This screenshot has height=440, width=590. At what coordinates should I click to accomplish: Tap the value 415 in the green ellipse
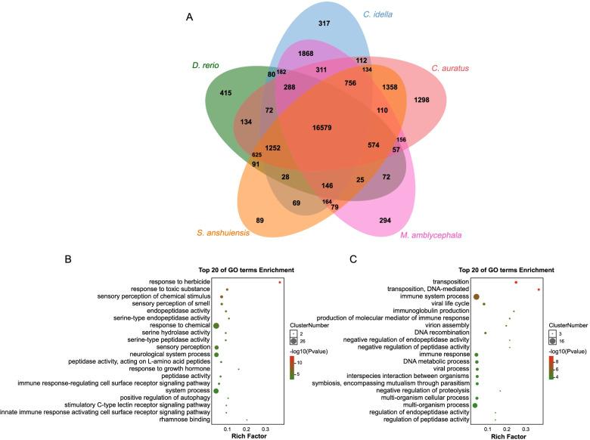[x=225, y=93]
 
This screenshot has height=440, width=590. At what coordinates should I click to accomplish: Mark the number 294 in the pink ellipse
[x=387, y=220]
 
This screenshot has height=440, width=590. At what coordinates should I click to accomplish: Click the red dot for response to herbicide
[x=280, y=282]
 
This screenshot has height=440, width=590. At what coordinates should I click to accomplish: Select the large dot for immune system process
[x=477, y=296]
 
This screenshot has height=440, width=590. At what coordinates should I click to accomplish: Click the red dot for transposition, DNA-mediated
[x=538, y=290]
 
